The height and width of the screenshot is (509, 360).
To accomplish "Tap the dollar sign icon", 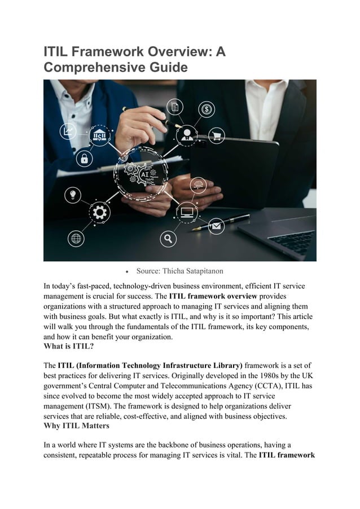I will coord(207,109).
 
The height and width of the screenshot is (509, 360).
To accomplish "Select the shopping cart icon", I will coord(216,135).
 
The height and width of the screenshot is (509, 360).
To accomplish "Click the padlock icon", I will coord(85,158).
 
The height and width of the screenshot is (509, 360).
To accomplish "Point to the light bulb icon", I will coord(73,195).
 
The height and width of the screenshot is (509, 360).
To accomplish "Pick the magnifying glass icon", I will coord(168,239).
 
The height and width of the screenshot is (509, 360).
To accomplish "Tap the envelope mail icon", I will coord(216,226).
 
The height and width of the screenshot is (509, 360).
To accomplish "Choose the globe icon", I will coord(76,239).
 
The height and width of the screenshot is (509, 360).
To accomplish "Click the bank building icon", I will coord(100,136).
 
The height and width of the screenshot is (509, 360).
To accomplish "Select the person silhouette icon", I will coord(186,135).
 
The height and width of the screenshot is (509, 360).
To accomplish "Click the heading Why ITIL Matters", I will coord(78,425).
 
